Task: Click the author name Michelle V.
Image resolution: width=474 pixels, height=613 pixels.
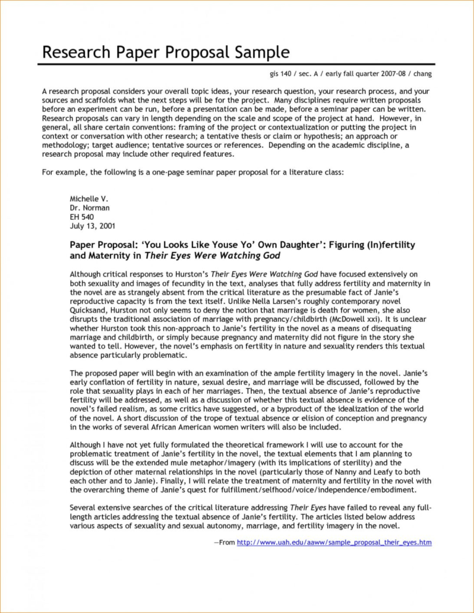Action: [x=89, y=200]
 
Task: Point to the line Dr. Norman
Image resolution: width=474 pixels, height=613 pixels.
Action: [x=89, y=209]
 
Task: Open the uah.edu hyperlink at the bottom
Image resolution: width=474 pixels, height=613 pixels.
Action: [x=334, y=542]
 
